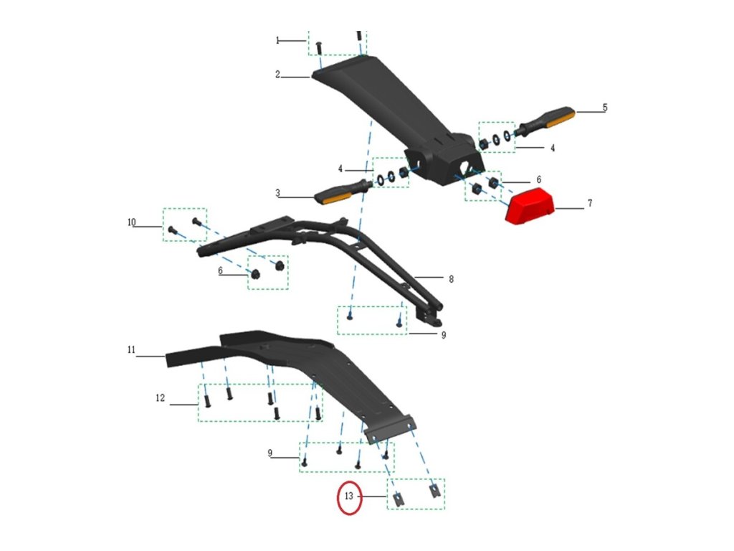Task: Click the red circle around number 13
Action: click(x=350, y=496)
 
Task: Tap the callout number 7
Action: click(x=590, y=204)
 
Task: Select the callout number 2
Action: click(x=277, y=74)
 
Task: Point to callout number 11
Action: click(x=131, y=350)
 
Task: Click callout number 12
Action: click(x=161, y=397)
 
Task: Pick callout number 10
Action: click(x=131, y=223)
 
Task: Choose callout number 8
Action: click(x=450, y=278)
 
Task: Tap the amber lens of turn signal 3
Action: click(x=330, y=195)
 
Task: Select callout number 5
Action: click(x=605, y=108)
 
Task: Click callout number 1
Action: click(x=277, y=41)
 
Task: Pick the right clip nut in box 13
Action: click(x=434, y=491)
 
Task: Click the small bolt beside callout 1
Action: click(x=319, y=47)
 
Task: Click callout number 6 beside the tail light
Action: click(x=538, y=179)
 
